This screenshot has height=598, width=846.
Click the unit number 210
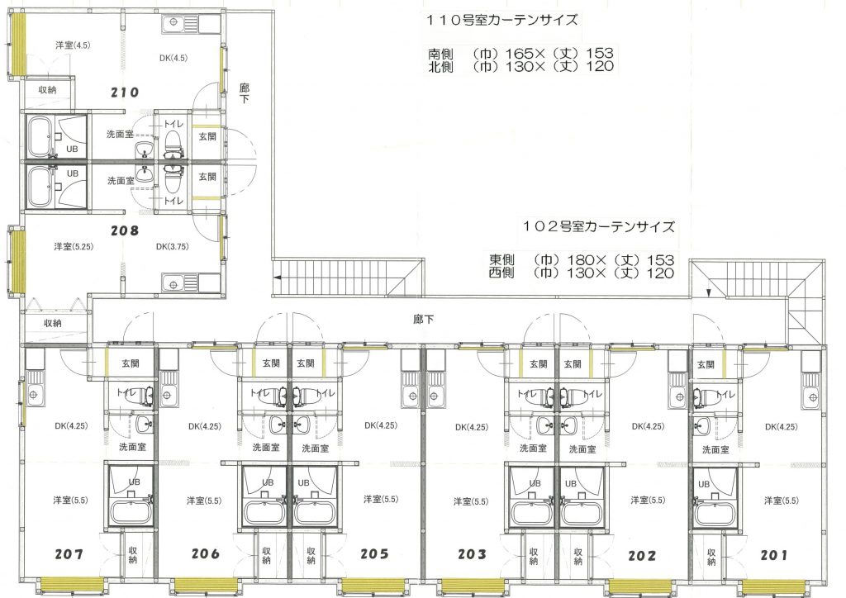[125, 93]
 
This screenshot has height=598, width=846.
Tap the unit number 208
[125, 230]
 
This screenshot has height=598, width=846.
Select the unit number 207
[69, 553]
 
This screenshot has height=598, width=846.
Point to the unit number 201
[773, 555]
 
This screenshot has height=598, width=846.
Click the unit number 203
[472, 554]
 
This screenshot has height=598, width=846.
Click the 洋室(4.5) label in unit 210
[73, 45]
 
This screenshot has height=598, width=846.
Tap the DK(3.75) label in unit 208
[172, 246]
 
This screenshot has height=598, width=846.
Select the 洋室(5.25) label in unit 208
[74, 246]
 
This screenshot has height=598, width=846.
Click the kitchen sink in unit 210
[181, 23]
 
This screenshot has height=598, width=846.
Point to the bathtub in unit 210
[40, 135]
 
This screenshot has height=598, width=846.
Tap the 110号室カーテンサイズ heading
[502, 21]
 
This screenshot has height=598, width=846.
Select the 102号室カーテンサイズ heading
[598, 226]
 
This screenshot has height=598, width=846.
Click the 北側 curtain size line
[520, 67]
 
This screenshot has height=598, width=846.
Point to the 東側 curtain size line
[581, 259]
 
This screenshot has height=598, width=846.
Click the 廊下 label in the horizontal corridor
[423, 319]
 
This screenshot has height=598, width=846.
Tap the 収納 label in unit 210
[47, 90]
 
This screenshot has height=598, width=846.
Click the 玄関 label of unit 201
[706, 365]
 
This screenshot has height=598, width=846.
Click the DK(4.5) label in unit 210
[173, 58]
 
